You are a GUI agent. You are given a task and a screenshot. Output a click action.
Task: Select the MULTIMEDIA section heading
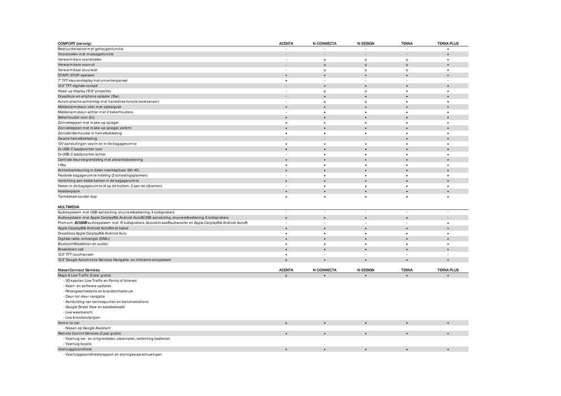[68, 207]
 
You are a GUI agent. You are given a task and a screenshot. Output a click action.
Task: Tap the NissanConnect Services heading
[79, 270]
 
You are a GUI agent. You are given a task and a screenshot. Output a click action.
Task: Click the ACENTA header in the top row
[286, 44]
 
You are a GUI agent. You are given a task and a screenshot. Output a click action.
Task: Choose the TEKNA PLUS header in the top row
[448, 44]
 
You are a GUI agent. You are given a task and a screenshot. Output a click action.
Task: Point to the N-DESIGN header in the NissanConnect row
[366, 270]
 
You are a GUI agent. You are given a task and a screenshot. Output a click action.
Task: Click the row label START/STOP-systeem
[76, 75]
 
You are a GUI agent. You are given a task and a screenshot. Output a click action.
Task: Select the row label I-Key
[62, 165]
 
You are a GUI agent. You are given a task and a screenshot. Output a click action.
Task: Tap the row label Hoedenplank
[69, 191]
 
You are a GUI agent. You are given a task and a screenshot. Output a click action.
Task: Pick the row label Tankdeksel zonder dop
[78, 196]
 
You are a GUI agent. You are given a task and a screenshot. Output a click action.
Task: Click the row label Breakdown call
[71, 249]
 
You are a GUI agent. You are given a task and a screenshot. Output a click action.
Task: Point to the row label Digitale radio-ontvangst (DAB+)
[84, 239]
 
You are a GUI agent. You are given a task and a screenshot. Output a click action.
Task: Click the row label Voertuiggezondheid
[75, 349]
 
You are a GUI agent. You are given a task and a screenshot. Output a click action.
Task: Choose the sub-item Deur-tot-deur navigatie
[85, 296]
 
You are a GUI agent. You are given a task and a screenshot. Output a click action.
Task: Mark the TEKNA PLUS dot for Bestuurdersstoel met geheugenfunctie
[448, 49]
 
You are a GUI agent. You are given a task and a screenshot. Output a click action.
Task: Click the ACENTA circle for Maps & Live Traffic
[286, 276]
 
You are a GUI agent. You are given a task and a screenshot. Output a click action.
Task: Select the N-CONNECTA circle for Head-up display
[324, 91]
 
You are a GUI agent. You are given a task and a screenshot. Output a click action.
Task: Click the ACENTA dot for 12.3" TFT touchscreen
[286, 255]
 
